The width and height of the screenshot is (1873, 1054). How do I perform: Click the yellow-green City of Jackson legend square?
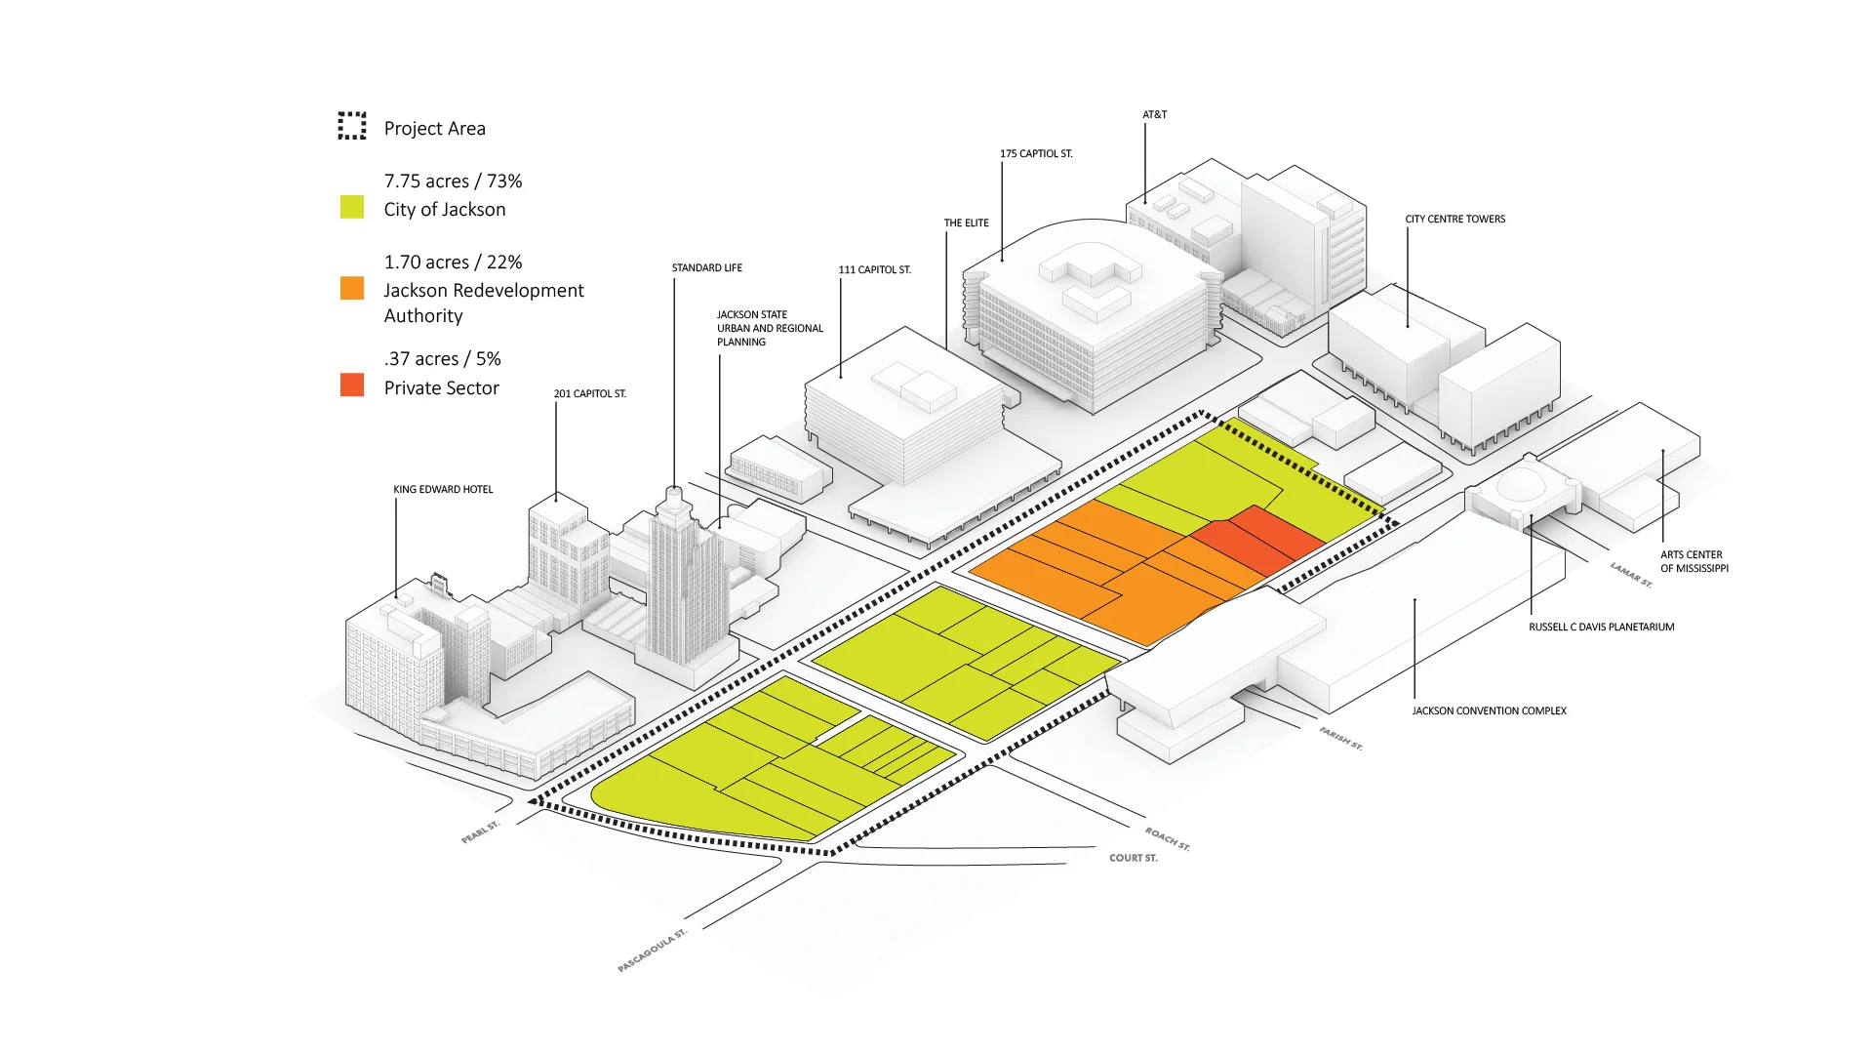pyautogui.click(x=352, y=207)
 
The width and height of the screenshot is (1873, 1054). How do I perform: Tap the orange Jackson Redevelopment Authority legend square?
pyautogui.click(x=352, y=288)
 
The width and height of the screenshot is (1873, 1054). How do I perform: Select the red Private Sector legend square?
pyautogui.click(x=352, y=385)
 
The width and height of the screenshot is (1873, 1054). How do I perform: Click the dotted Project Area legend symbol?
pyautogui.click(x=352, y=126)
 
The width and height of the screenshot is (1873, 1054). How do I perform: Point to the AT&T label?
pyautogui.click(x=1154, y=115)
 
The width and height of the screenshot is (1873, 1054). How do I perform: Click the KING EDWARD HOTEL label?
pyautogui.click(x=443, y=490)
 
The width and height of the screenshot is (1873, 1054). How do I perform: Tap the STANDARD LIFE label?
pyautogui.click(x=706, y=268)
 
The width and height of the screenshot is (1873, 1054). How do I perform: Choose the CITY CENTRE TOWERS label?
pyautogui.click(x=1455, y=220)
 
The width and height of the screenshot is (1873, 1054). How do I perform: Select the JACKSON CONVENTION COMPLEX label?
pyautogui.click(x=1489, y=711)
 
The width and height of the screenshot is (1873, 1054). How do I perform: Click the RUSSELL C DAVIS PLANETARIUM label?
pyautogui.click(x=1601, y=628)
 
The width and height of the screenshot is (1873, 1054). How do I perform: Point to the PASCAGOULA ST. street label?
pyautogui.click(x=652, y=951)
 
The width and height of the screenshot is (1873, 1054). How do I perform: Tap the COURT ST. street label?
pyautogui.click(x=1133, y=859)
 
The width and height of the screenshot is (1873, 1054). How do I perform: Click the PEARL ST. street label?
pyautogui.click(x=480, y=832)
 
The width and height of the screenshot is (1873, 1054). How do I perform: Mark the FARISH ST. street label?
pyautogui.click(x=1340, y=738)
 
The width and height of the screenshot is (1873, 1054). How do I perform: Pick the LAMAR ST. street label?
pyautogui.click(x=1631, y=575)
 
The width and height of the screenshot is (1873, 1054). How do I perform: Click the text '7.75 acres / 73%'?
pyautogui.click(x=453, y=182)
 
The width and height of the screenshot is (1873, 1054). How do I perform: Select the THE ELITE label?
pyautogui.click(x=966, y=223)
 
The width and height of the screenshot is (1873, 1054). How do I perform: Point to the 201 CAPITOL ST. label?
pyautogui.click(x=589, y=394)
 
